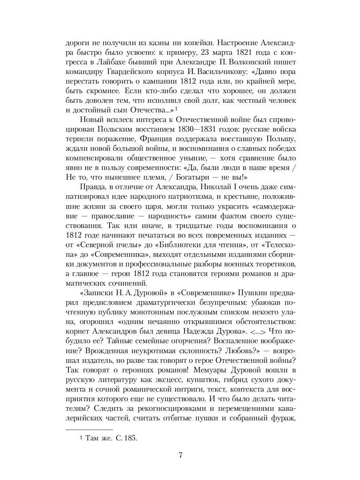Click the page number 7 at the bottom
[x=180, y=455]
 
